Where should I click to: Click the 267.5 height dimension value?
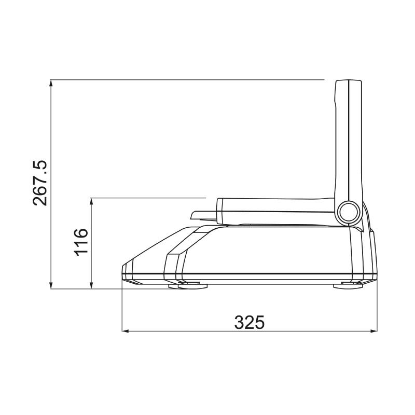(40, 183)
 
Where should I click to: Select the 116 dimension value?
(81, 241)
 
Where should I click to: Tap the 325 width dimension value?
(250, 322)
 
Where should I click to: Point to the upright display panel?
(348, 140)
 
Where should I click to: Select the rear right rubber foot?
(351, 284)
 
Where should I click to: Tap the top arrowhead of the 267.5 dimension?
(51, 84)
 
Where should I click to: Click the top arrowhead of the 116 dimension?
(91, 201)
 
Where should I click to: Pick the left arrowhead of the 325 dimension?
(125, 330)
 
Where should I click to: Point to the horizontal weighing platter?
(275, 207)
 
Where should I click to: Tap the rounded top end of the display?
(348, 82)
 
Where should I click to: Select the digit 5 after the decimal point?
(40, 167)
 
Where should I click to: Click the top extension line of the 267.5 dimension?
(187, 80)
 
